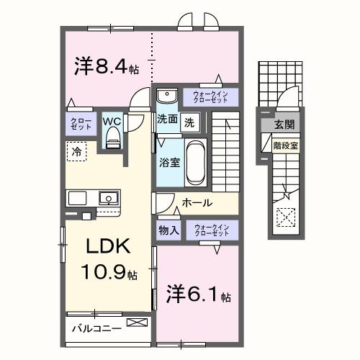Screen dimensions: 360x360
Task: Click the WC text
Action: pos(112,121)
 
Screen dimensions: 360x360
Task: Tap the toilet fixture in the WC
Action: pos(112,141)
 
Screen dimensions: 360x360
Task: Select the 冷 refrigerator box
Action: pos(76,151)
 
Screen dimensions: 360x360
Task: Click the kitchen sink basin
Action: pos(109,197)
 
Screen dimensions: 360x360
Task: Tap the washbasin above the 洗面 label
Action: pos(167,96)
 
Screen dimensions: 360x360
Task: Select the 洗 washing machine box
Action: pos(189,121)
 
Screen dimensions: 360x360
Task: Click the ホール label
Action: pos(196,203)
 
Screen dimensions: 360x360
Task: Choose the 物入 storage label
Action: pos(168,230)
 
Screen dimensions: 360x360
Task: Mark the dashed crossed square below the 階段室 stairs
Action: pos(287,216)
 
